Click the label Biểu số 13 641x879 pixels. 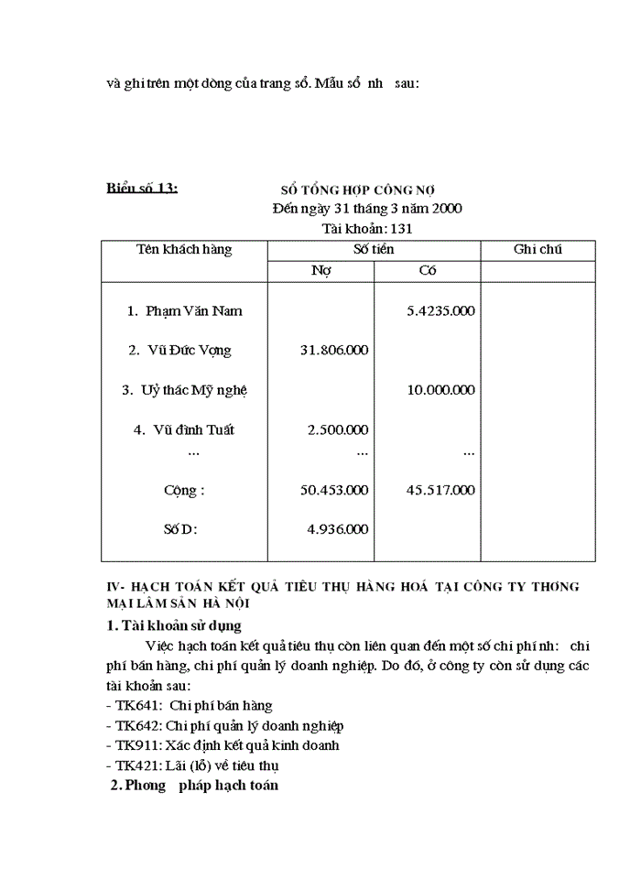click(141, 189)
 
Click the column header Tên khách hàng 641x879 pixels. click(184, 249)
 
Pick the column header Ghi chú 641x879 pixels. click(538, 249)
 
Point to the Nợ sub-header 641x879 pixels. click(320, 271)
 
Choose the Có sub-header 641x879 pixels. click(428, 271)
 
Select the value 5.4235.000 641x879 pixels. click(440, 311)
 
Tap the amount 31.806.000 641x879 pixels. click(334, 351)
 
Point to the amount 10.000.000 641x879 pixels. click(440, 390)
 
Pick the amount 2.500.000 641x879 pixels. click(338, 429)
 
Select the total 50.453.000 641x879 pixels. click(334, 491)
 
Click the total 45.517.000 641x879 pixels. click(440, 491)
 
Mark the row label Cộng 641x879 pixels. click(184, 491)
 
